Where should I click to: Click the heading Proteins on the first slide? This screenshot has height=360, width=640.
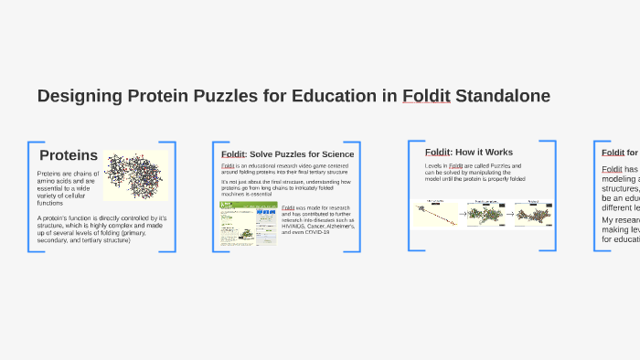69,156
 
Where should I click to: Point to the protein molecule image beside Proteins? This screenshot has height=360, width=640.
134,175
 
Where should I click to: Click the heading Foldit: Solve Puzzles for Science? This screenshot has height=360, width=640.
287,154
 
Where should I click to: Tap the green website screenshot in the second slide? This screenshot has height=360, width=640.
248,224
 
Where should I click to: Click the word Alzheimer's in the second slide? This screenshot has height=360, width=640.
336,226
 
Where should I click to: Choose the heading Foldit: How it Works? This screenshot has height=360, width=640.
469,152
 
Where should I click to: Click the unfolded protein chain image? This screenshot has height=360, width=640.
433,213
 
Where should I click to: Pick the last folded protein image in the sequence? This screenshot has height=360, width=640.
533,215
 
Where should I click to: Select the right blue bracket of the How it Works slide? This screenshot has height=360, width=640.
551,195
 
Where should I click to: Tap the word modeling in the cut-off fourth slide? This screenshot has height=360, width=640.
619,179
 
